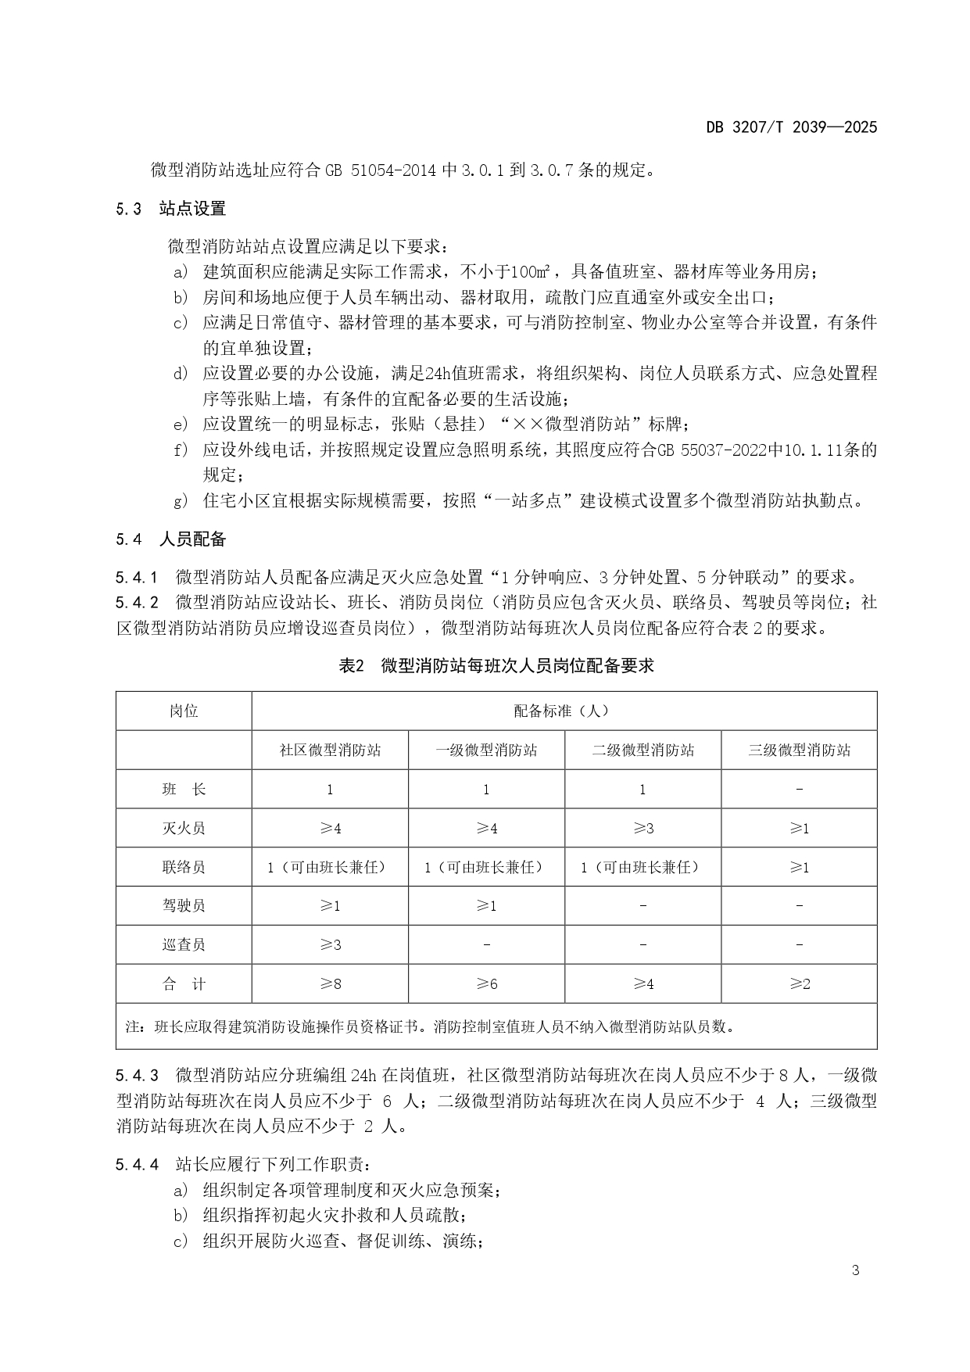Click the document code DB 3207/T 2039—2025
tap(791, 127)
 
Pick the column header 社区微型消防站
tap(330, 750)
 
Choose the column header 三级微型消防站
tap(799, 750)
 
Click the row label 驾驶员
tap(184, 906)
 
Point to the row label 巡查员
tap(184, 945)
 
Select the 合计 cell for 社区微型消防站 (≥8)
tap(330, 984)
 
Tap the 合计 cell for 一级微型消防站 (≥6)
tap(486, 984)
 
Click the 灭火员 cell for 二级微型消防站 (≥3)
tap(642, 829)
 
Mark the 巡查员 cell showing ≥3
tap(330, 945)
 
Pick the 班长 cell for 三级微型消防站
tap(799, 790)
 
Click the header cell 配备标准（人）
tap(562, 711)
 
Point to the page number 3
tap(855, 1270)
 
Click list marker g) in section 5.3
tap(181, 502)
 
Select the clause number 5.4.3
tap(137, 1075)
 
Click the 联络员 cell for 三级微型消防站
tap(799, 867)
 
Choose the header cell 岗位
tap(184, 711)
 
